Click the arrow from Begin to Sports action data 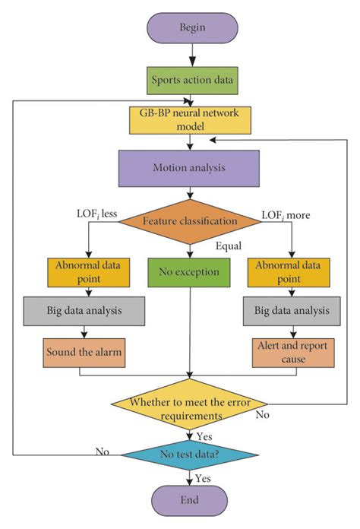(191, 55)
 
